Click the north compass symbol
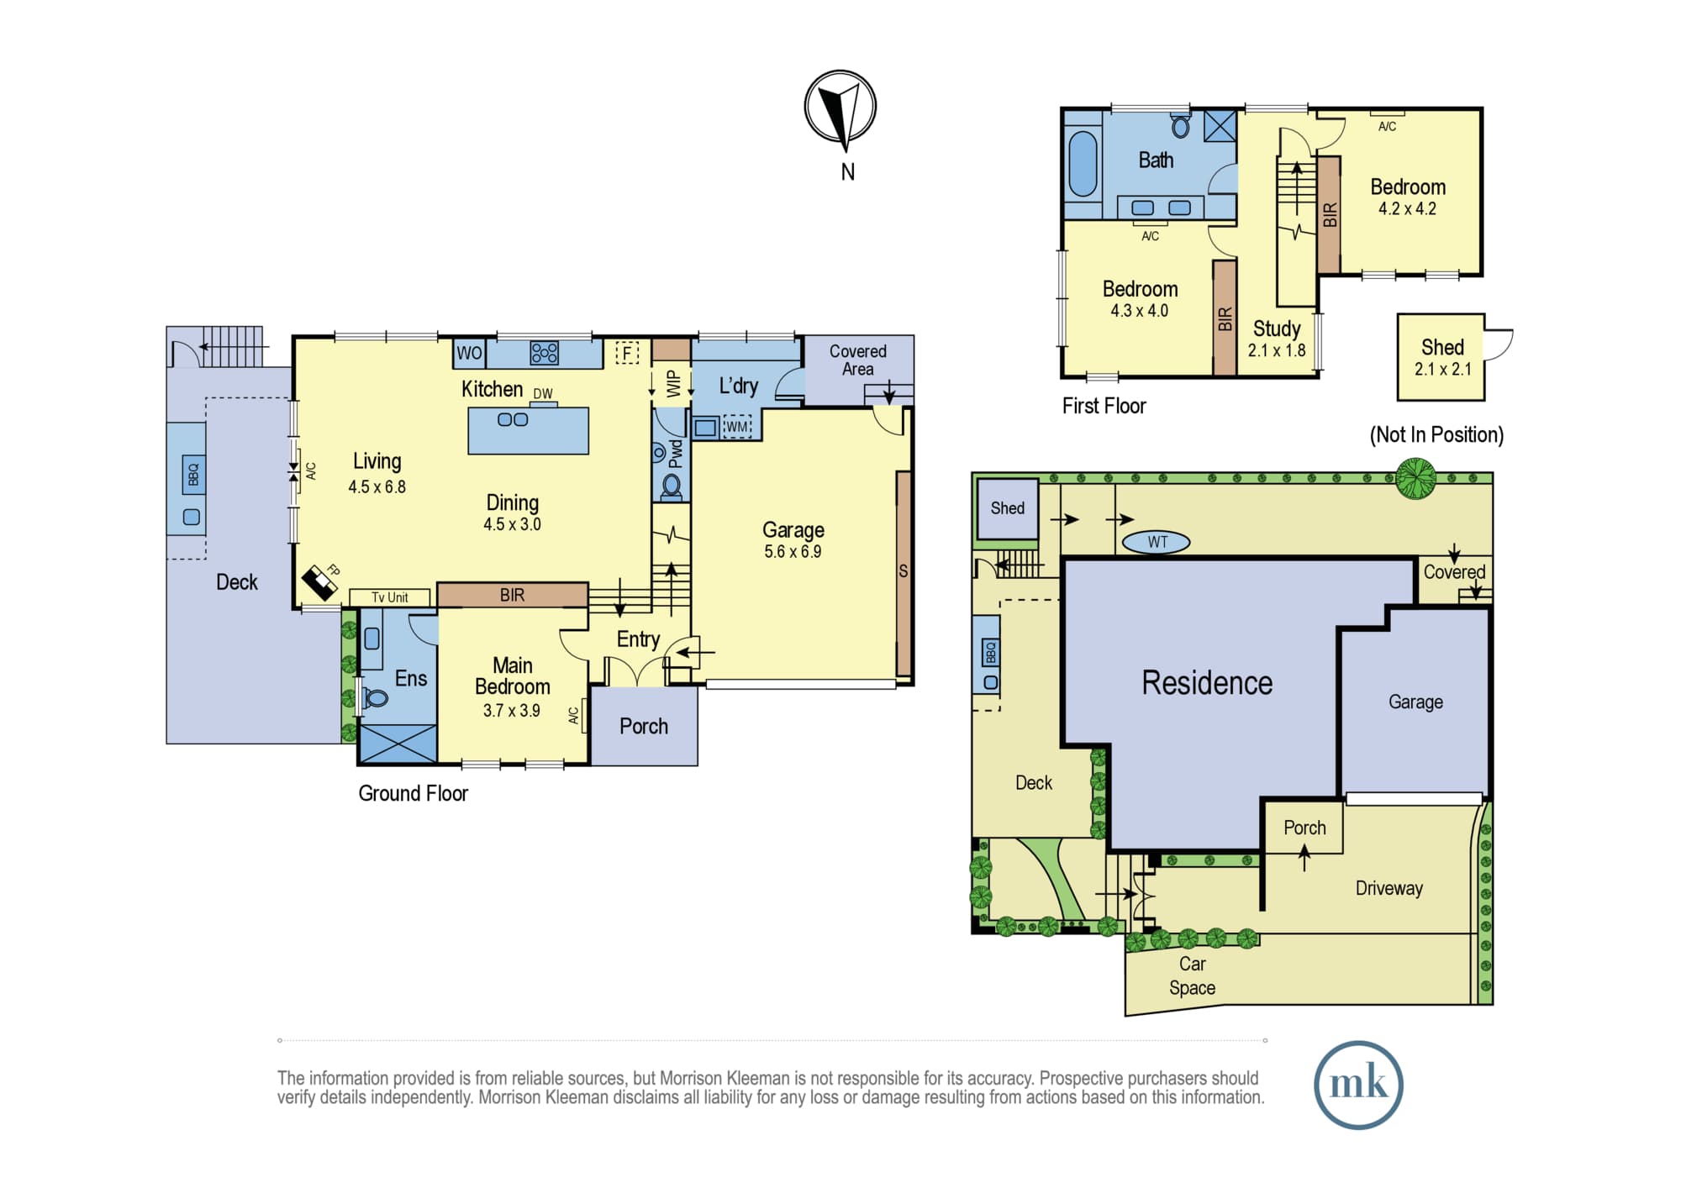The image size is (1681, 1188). click(x=840, y=107)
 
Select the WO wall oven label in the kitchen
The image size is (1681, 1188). click(x=469, y=353)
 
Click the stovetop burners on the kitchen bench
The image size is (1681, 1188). click(x=545, y=353)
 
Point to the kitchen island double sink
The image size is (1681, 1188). click(x=513, y=419)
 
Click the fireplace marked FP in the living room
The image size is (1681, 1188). click(x=319, y=581)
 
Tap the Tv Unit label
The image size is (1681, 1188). click(x=390, y=597)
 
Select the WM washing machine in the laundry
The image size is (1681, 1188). click(x=737, y=427)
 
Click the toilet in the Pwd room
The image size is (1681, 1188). click(x=672, y=486)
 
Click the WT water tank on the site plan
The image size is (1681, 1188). click(x=1157, y=542)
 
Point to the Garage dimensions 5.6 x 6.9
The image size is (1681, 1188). click(x=793, y=552)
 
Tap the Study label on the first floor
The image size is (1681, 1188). click(x=1277, y=329)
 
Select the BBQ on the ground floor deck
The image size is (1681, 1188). click(x=192, y=475)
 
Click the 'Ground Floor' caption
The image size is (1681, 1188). click(x=413, y=793)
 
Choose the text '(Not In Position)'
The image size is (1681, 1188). click(x=1436, y=434)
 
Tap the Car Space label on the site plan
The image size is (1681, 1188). click(x=1192, y=975)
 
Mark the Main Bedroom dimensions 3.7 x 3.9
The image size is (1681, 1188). click(x=511, y=711)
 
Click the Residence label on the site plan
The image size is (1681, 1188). click(x=1207, y=683)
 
